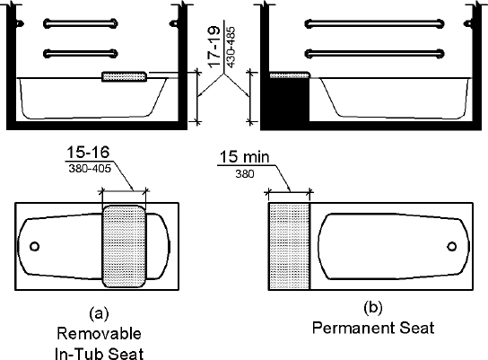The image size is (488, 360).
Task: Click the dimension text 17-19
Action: (213, 47)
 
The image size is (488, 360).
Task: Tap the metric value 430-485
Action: (231, 48)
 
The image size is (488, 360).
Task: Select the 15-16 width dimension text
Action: (88, 153)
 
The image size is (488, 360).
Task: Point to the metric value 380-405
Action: (90, 169)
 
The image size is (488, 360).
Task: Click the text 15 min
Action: (244, 156)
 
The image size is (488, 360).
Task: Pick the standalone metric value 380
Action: (245, 174)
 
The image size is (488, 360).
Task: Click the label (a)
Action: (99, 313)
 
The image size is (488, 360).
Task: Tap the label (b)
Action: (373, 308)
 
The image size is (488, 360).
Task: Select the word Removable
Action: (99, 334)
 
